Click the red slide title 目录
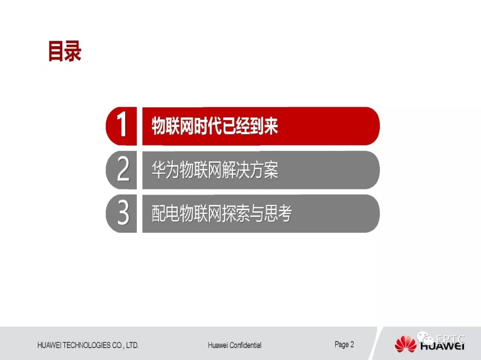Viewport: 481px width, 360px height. pos(65,51)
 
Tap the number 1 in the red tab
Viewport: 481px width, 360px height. pos(122,124)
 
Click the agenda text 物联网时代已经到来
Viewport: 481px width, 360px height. pos(215,125)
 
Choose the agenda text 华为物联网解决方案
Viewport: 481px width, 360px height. pos(215,170)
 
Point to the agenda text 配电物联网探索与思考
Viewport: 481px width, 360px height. pos(222,213)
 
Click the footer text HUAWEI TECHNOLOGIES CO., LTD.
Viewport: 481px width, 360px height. pos(88,345)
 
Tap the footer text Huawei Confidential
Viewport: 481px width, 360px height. pos(235,345)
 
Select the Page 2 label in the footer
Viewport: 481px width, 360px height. pos(344,345)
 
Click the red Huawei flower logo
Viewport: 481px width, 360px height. pos(406,344)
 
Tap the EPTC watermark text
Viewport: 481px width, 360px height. pos(450,339)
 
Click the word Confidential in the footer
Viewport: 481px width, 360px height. pos(245,345)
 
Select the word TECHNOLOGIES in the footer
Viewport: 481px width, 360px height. pos(86,345)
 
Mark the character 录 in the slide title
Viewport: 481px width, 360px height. pos(73,51)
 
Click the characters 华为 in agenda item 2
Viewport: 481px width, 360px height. pos(165,170)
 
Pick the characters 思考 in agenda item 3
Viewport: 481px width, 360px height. pos(278,213)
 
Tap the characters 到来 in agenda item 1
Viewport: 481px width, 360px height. pos(264,125)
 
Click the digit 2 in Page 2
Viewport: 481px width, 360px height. pos(352,344)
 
